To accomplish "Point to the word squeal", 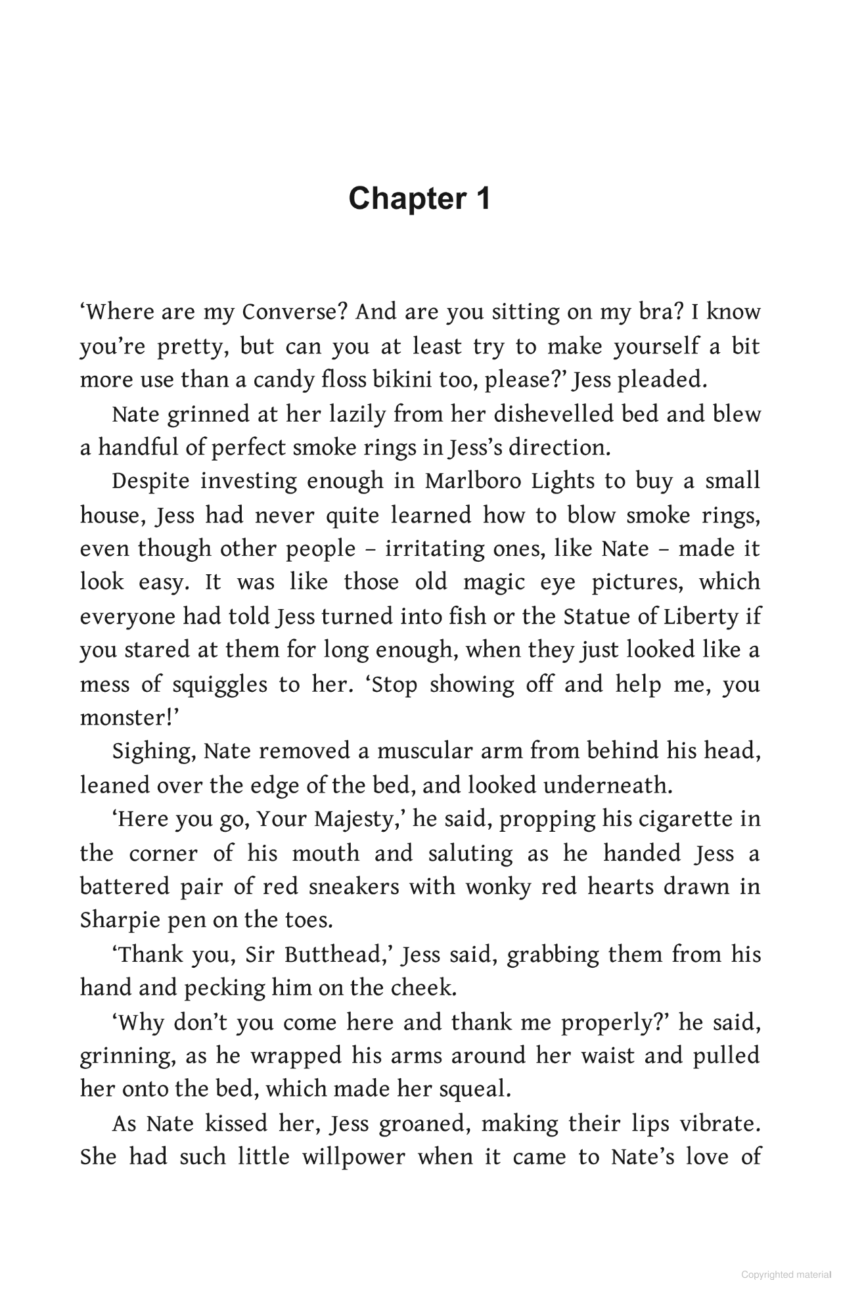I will coord(473,1089).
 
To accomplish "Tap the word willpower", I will coord(353,1157).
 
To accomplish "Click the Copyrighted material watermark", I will coord(786,1275).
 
